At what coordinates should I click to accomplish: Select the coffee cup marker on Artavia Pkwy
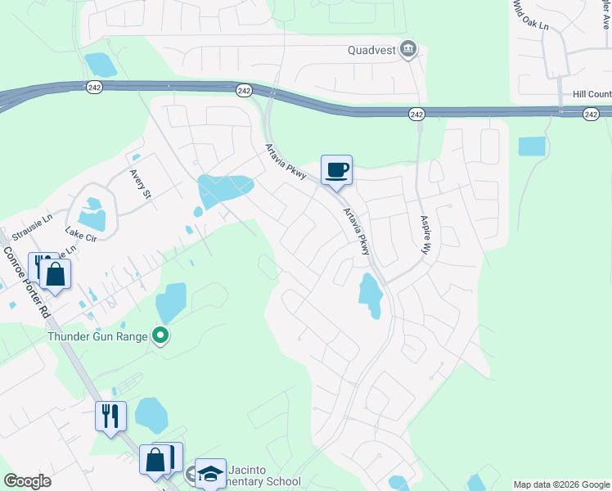tap(336, 170)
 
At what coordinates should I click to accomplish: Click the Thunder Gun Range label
tap(97, 336)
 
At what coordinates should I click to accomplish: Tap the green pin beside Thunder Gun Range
tap(161, 336)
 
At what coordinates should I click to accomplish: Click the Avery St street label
tap(141, 184)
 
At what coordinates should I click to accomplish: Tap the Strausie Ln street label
tap(33, 228)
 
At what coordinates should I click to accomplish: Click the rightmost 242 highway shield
tap(591, 115)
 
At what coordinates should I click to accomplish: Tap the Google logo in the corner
tap(26, 481)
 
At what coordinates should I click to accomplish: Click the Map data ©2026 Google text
tap(561, 484)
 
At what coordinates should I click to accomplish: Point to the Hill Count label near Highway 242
tap(592, 95)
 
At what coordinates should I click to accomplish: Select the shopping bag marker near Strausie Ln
tap(56, 273)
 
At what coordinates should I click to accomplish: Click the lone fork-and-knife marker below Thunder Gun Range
tap(110, 416)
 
